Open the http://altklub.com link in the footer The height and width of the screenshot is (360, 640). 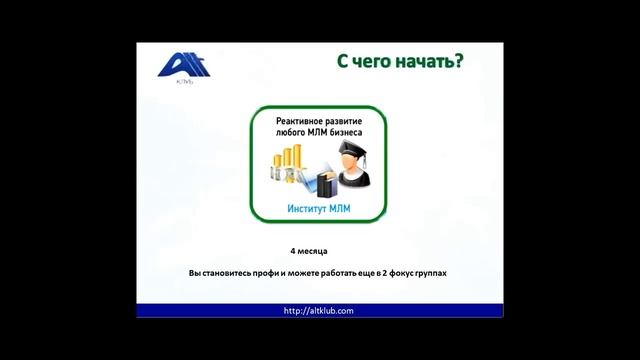319,310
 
